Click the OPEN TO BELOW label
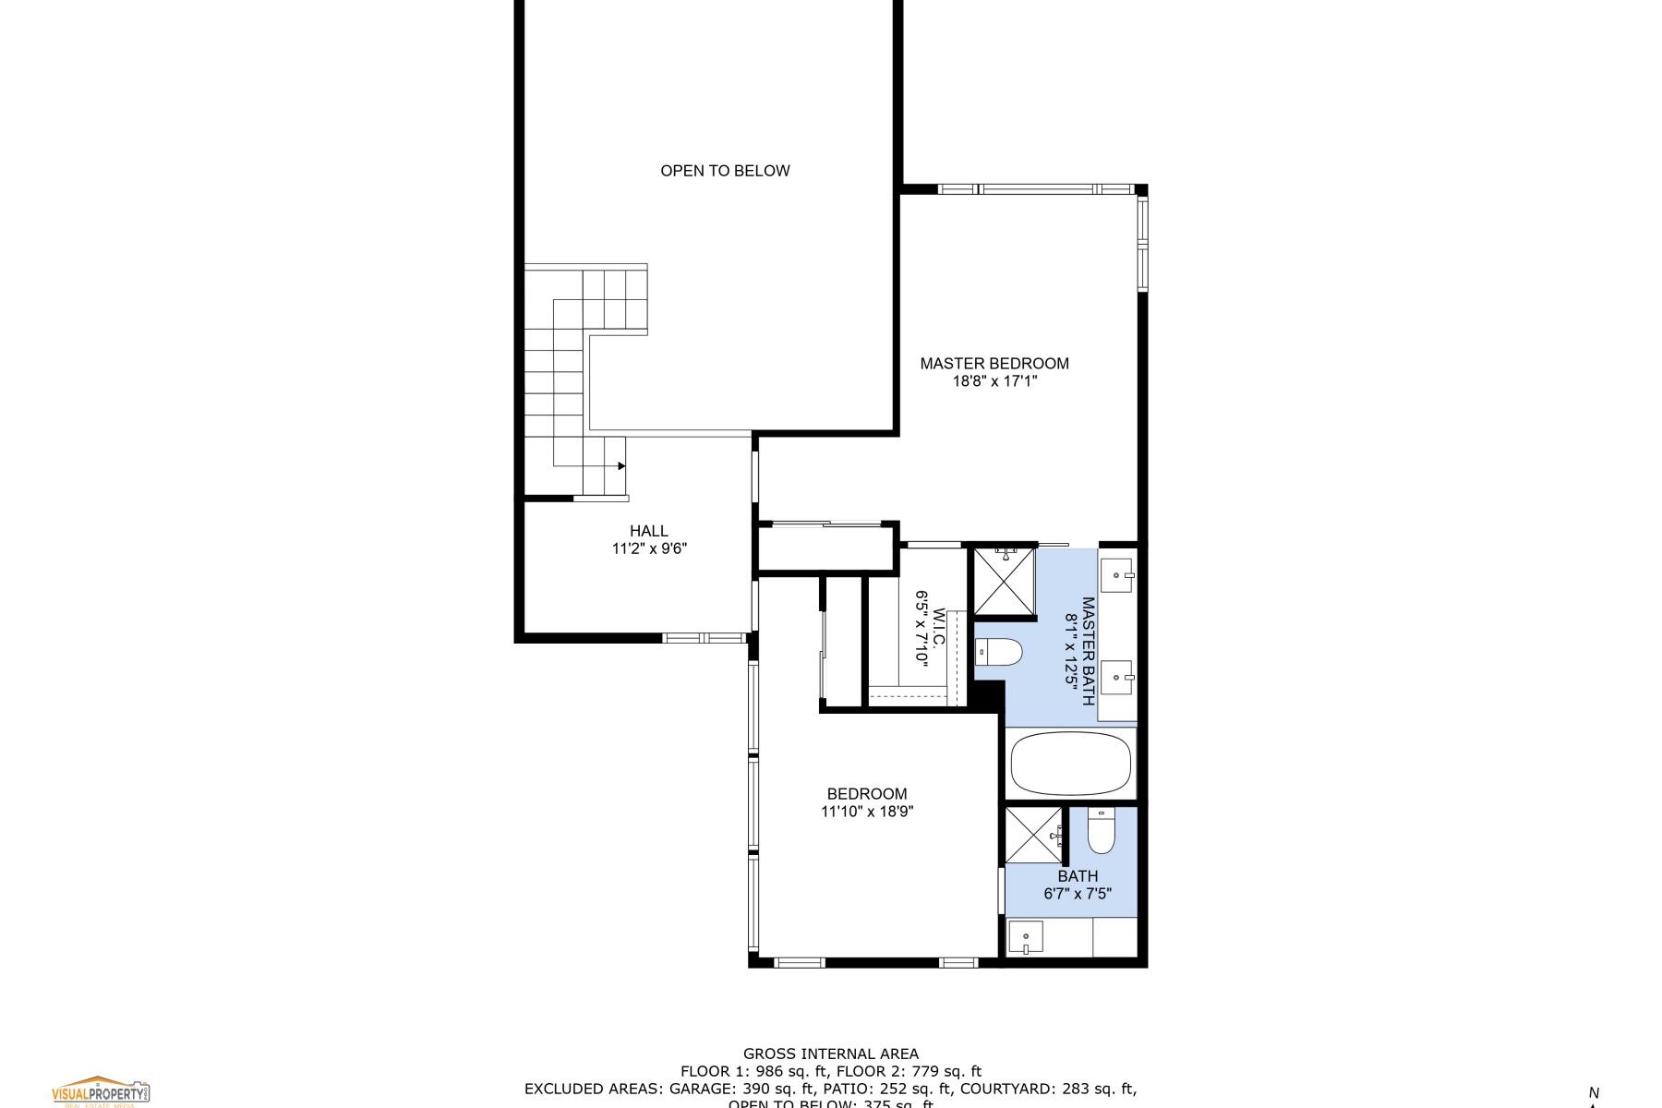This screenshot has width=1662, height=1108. click(725, 171)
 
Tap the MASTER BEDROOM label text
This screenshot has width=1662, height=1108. click(994, 364)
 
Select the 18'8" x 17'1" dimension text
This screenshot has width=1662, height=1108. click(994, 381)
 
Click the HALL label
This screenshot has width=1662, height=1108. click(649, 531)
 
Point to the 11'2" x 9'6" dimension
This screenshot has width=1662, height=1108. click(649, 549)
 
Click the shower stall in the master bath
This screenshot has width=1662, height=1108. click(1005, 581)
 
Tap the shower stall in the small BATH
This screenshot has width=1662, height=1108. click(1033, 835)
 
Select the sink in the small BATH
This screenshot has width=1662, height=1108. click(1025, 937)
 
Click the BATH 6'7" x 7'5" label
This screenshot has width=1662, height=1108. click(1078, 885)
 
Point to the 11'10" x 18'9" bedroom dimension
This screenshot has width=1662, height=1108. click(867, 813)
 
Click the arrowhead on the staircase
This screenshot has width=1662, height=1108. click(621, 466)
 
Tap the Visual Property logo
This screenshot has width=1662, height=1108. click(100, 1091)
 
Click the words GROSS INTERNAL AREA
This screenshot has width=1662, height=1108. click(830, 1054)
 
